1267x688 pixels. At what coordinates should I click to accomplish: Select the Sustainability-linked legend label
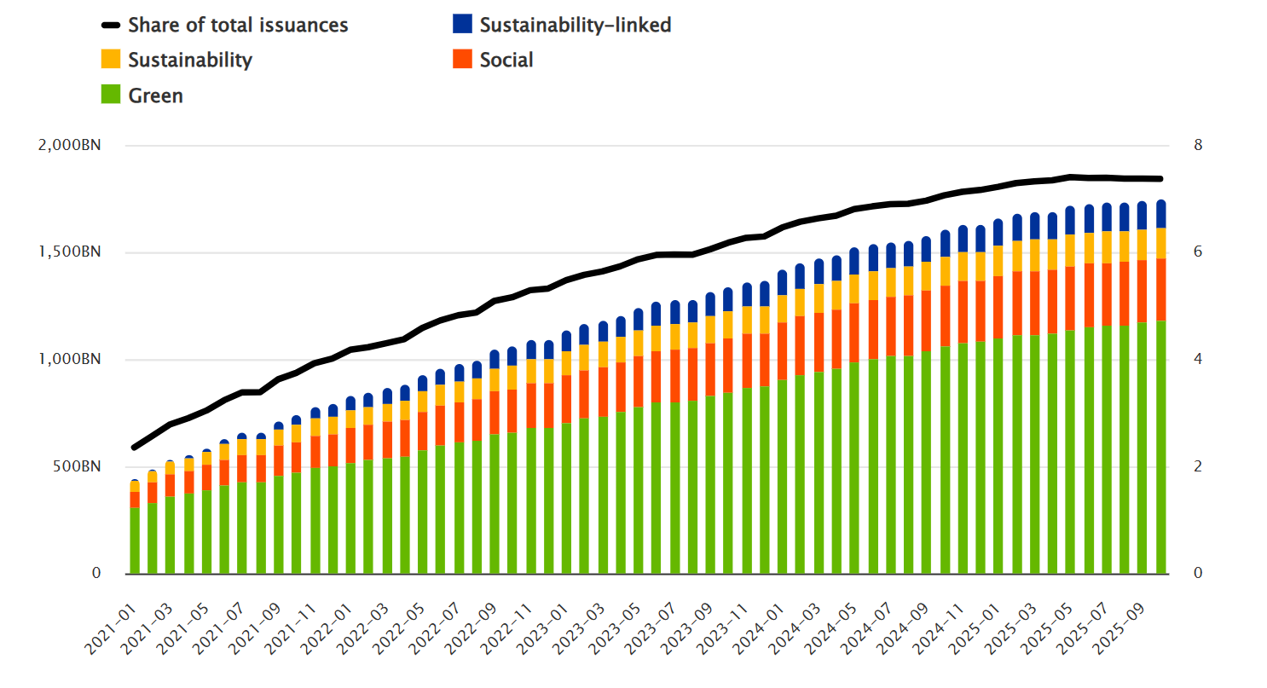pyautogui.click(x=575, y=25)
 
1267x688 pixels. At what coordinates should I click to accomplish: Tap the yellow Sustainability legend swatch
pyautogui.click(x=112, y=60)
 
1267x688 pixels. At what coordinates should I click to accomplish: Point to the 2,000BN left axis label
pyautogui.click(x=70, y=146)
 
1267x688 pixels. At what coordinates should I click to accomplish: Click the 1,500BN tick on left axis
pyautogui.click(x=70, y=252)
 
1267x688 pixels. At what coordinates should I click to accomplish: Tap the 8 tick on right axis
pyautogui.click(x=1198, y=146)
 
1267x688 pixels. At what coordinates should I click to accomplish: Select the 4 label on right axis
pyautogui.click(x=1198, y=360)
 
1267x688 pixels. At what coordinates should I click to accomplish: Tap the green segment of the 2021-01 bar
pyautogui.click(x=135, y=541)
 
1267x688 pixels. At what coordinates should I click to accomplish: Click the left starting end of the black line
pyautogui.click(x=134, y=447)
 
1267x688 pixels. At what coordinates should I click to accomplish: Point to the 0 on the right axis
pyautogui.click(x=1198, y=574)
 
